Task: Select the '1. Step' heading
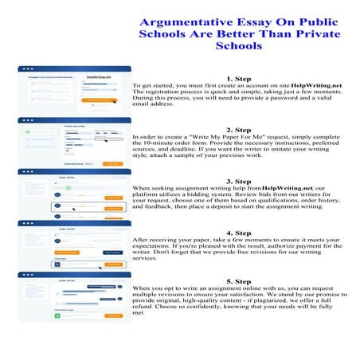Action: tap(239, 79)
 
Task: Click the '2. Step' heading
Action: tap(239, 130)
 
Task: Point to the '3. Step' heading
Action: tap(239, 181)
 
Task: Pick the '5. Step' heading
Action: tap(239, 281)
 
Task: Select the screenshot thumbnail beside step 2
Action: tap(74, 142)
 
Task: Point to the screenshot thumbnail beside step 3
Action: tap(74, 194)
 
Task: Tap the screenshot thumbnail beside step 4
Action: tap(74, 245)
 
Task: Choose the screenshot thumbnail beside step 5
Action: tap(74, 295)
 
